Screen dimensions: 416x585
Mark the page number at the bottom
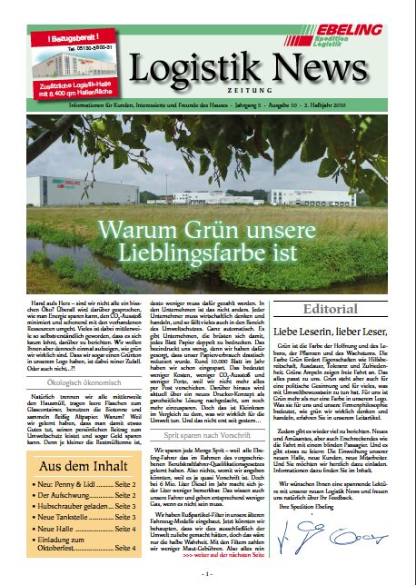point(208,574)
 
